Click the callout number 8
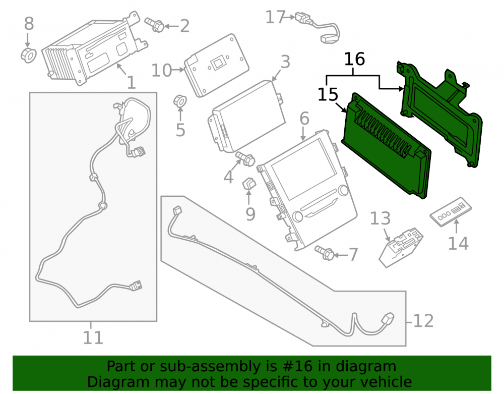[x=29, y=24]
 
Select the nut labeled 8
[x=28, y=55]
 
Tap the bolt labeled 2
[x=154, y=24]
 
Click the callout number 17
[x=276, y=17]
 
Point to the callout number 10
[x=162, y=70]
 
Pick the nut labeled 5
[x=180, y=101]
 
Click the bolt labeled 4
[x=245, y=158]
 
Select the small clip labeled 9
[x=248, y=184]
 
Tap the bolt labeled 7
[x=325, y=253]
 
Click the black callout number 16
[x=354, y=59]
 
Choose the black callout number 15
[x=328, y=94]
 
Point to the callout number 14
[x=458, y=243]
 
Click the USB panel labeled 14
[x=451, y=212]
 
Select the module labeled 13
[x=401, y=247]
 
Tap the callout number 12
[x=423, y=321]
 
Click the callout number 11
[x=93, y=337]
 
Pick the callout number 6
[x=304, y=119]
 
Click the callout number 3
[x=285, y=62]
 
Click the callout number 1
[x=131, y=83]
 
